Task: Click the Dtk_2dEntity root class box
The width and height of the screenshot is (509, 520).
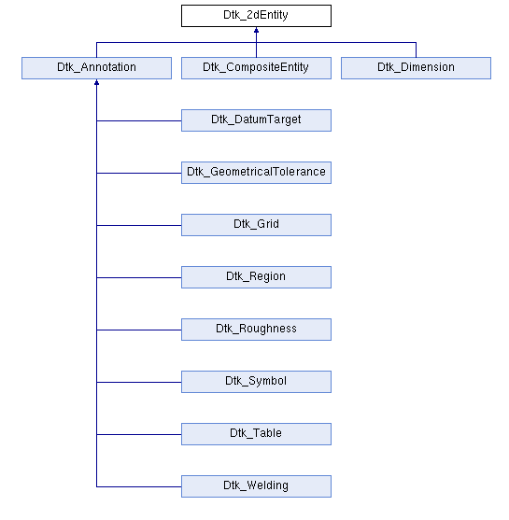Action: (x=256, y=16)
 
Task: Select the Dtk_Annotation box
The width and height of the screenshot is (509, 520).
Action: (x=96, y=68)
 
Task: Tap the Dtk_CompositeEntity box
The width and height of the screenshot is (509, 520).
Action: (x=256, y=68)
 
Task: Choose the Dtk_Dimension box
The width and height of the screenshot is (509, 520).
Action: (x=416, y=68)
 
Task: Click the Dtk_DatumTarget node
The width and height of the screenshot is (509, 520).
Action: (x=256, y=120)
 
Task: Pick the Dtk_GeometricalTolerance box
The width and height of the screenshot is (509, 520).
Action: (x=256, y=173)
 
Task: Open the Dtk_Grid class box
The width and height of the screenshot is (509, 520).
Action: (x=256, y=225)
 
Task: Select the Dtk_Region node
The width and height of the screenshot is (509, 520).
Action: (x=256, y=277)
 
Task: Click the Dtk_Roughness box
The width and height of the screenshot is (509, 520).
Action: (x=256, y=330)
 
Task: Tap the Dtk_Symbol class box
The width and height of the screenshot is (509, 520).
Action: (x=256, y=382)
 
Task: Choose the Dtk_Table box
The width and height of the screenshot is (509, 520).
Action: (x=256, y=434)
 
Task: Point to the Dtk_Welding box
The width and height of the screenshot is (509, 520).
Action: (x=256, y=486)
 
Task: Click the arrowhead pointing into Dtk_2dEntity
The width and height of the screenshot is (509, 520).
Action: (x=256, y=30)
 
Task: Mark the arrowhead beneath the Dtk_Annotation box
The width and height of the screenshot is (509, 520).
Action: (x=96, y=82)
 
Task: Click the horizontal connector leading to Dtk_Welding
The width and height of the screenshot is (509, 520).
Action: (x=139, y=486)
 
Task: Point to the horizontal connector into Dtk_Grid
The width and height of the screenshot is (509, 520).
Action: (x=139, y=226)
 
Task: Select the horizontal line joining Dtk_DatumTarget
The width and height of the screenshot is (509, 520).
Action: (x=139, y=120)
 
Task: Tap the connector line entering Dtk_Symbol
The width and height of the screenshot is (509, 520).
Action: (x=139, y=383)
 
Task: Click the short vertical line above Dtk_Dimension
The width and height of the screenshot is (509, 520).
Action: (x=416, y=49)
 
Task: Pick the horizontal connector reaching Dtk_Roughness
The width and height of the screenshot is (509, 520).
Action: (x=139, y=330)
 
